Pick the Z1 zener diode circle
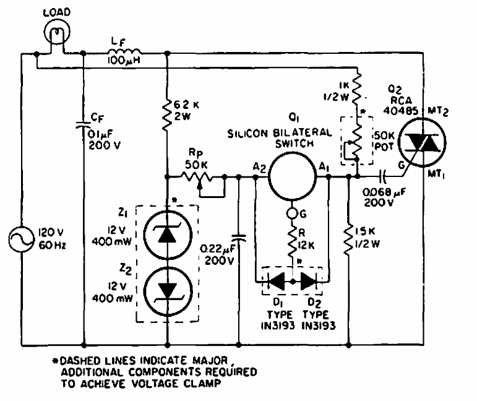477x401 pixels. click(168, 233)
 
